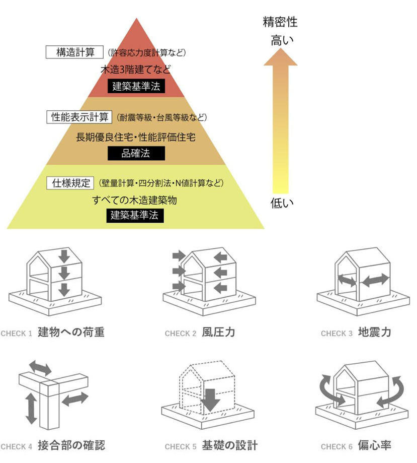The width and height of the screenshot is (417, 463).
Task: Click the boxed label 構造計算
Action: [x=74, y=52]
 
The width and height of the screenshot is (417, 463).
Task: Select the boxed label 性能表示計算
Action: [x=79, y=117]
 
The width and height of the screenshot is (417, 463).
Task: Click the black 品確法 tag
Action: [x=136, y=153]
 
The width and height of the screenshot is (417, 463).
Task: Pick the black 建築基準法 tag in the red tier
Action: [x=136, y=86]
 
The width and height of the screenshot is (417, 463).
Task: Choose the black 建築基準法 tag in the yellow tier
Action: [x=136, y=216]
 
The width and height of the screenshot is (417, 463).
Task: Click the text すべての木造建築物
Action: [x=135, y=200]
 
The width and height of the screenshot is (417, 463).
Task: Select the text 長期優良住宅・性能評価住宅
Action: [x=136, y=136]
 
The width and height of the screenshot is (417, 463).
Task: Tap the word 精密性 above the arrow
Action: [x=280, y=23]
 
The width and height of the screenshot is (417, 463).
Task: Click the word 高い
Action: [x=280, y=40]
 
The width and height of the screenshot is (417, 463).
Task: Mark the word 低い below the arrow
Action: [x=280, y=204]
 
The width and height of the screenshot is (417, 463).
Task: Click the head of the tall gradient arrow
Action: [x=280, y=58]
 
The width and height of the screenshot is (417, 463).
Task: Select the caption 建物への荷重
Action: [x=71, y=333]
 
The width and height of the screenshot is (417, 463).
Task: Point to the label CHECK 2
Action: [x=180, y=334]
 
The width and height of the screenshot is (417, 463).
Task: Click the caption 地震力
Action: [x=375, y=333]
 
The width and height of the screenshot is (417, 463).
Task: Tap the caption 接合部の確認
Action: [x=71, y=445]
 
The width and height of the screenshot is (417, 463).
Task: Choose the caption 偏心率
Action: [x=375, y=445]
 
